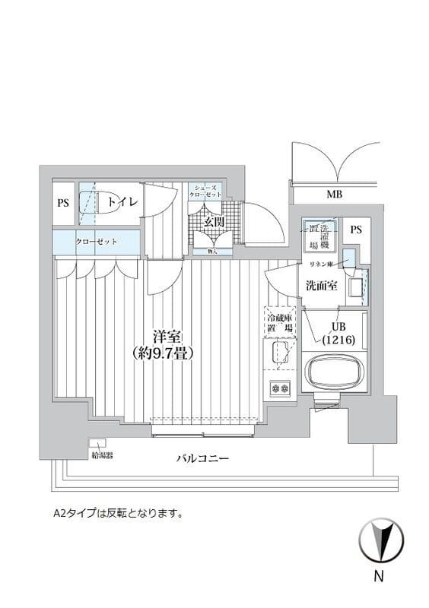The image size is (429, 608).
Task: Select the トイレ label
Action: click(122, 202)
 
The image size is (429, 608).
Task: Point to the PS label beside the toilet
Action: click(63, 203)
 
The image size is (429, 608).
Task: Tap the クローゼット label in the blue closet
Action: click(96, 242)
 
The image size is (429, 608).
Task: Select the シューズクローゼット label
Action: click(205, 191)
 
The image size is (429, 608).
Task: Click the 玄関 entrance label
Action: click(214, 222)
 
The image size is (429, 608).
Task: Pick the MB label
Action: click(334, 195)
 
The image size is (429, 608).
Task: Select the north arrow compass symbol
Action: click(381, 540)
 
